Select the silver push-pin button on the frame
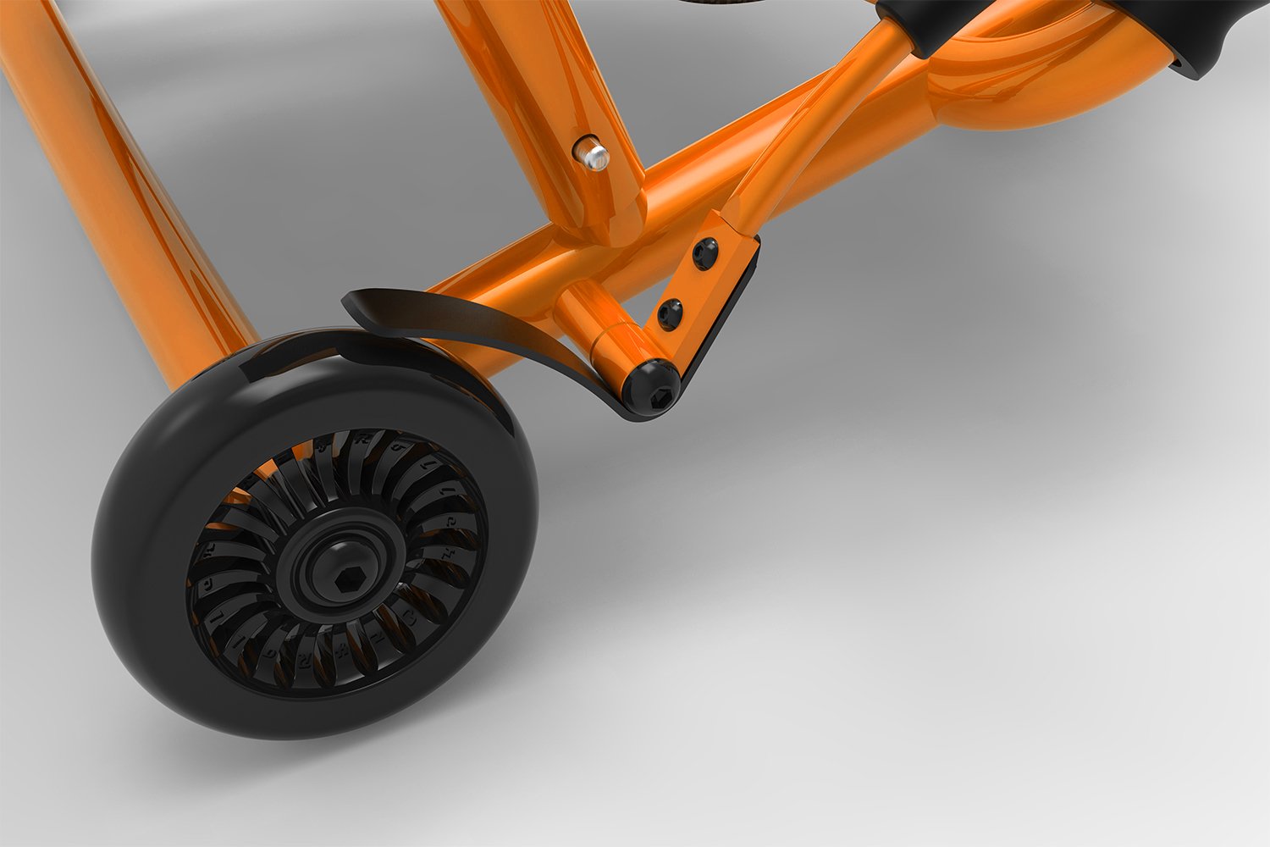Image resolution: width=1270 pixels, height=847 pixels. (x=594, y=155)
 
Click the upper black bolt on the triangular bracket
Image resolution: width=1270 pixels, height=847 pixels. (x=704, y=252)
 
